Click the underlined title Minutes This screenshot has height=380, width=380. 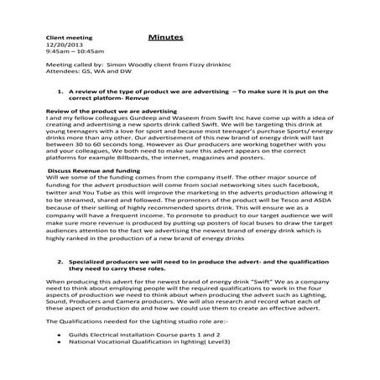[x=167, y=39]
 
